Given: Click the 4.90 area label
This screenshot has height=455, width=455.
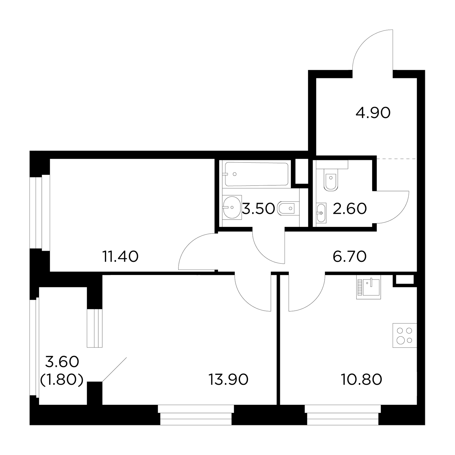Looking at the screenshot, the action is [373, 113].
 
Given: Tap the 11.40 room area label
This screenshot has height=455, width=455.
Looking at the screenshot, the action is [120, 257].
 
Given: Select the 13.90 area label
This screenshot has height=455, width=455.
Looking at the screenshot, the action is [228, 379].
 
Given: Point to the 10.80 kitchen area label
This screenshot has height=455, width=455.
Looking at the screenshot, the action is [361, 379].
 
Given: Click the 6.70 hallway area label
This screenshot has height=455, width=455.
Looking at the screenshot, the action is [349, 257].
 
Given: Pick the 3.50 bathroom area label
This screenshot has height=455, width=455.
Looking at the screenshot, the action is [258, 209].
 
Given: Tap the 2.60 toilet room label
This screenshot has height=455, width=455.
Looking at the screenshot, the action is [349, 209].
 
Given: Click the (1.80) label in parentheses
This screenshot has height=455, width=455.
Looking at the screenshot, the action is [62, 380].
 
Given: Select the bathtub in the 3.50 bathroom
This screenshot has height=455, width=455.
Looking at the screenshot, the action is [257, 174].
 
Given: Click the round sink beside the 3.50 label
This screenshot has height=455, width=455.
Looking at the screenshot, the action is [232, 207].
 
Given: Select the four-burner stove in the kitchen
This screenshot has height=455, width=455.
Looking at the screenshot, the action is [405, 335].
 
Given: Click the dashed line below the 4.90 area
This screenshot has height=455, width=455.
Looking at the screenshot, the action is [396, 158].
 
